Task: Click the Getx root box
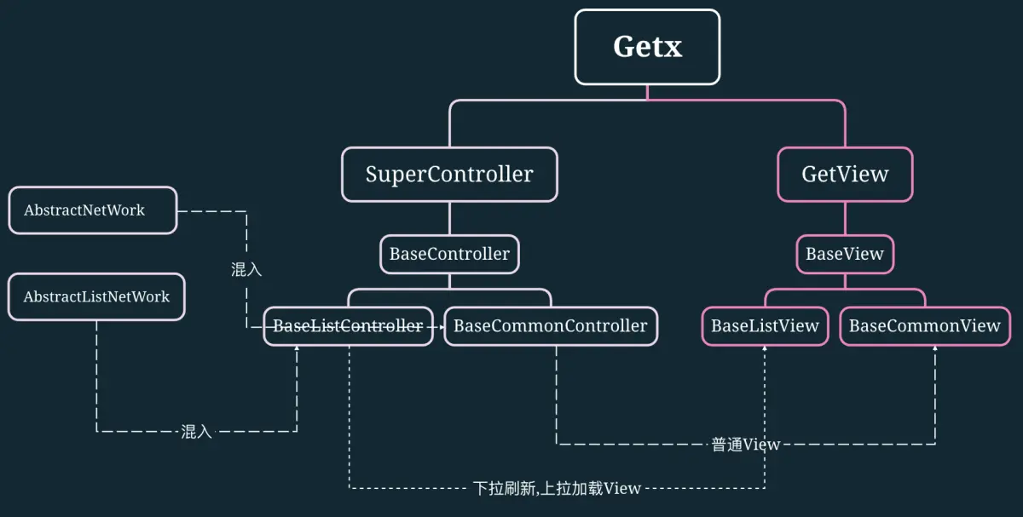pos(647,47)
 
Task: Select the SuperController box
pos(449,175)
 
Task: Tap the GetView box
pos(845,175)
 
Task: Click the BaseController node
pos(449,254)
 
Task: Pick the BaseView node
pos(845,254)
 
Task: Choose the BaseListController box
pos(348,326)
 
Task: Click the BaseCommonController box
pos(551,326)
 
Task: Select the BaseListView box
pos(765,326)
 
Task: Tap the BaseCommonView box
pos(925,326)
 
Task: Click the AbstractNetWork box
pos(92,210)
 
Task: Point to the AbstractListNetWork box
pos(96,297)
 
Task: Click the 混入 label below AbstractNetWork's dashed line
pos(246,270)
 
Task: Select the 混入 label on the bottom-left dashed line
pos(196,432)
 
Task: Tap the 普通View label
pos(746,445)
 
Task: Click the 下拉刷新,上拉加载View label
pos(557,489)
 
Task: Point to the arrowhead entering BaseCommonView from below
pos(935,350)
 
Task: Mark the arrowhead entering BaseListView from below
pos(765,350)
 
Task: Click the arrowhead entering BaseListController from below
pos(297,350)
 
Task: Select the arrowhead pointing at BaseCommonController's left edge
pos(440,326)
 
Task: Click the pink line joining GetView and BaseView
pos(845,219)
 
